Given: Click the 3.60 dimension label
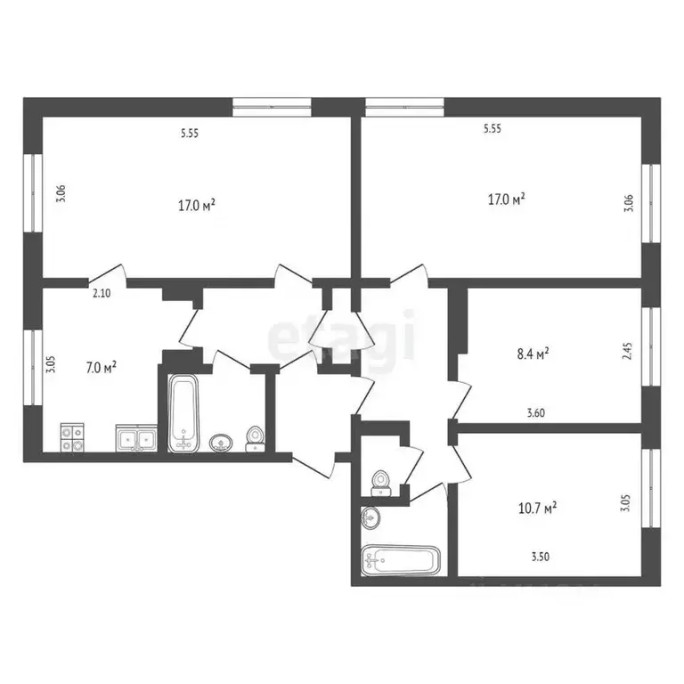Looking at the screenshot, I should pos(535,411).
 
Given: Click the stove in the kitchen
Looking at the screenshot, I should pos(72,437).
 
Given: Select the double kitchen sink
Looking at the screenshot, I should pos(135,439).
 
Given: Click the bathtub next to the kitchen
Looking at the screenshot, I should pos(183,414).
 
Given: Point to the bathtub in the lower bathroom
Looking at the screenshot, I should pos(400,562).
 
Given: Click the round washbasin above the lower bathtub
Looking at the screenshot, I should pos(370,517).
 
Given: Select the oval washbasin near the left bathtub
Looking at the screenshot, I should pos(220,443).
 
